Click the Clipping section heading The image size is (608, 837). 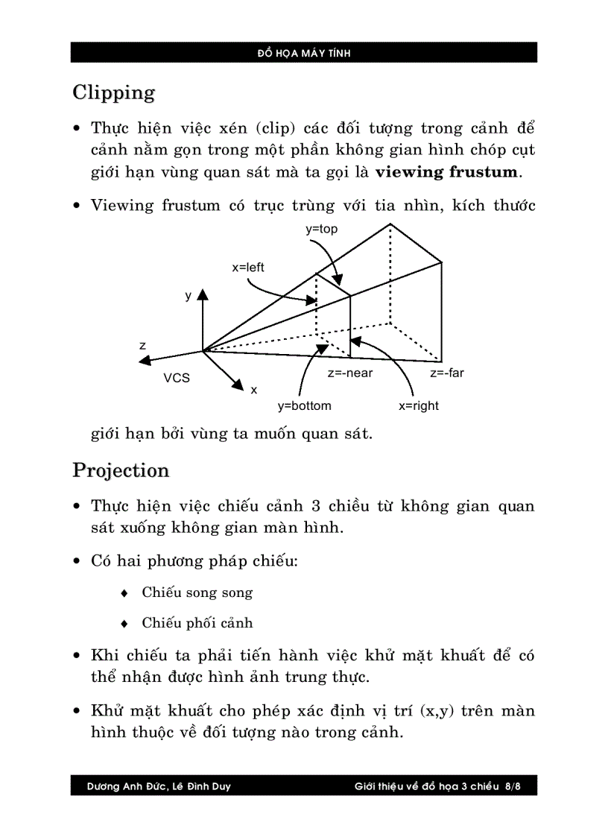[x=114, y=93]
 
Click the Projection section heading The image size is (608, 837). [x=121, y=470]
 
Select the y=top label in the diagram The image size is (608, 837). [x=321, y=230]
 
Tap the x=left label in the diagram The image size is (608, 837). [x=247, y=268]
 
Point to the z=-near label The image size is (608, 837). [x=349, y=373]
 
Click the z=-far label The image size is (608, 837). [x=446, y=373]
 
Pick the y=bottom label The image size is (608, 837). [x=304, y=406]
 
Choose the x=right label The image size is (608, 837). [x=418, y=406]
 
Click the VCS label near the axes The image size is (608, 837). [x=177, y=378]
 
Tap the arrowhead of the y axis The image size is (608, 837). [x=202, y=296]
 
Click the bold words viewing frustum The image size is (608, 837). [x=446, y=172]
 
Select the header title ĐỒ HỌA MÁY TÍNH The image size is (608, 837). [x=303, y=53]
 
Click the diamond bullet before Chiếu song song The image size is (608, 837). [x=124, y=593]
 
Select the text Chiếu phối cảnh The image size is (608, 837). [x=197, y=622]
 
